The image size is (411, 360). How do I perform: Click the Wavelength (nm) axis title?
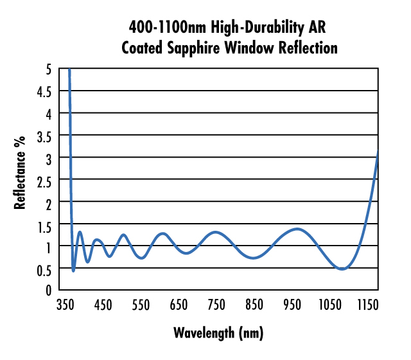218,333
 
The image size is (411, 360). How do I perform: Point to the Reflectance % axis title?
21,172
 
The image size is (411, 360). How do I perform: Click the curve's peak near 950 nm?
297,228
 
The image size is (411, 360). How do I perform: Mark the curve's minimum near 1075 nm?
342,269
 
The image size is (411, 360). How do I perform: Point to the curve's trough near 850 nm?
254,258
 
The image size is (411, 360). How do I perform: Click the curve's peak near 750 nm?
216,231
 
